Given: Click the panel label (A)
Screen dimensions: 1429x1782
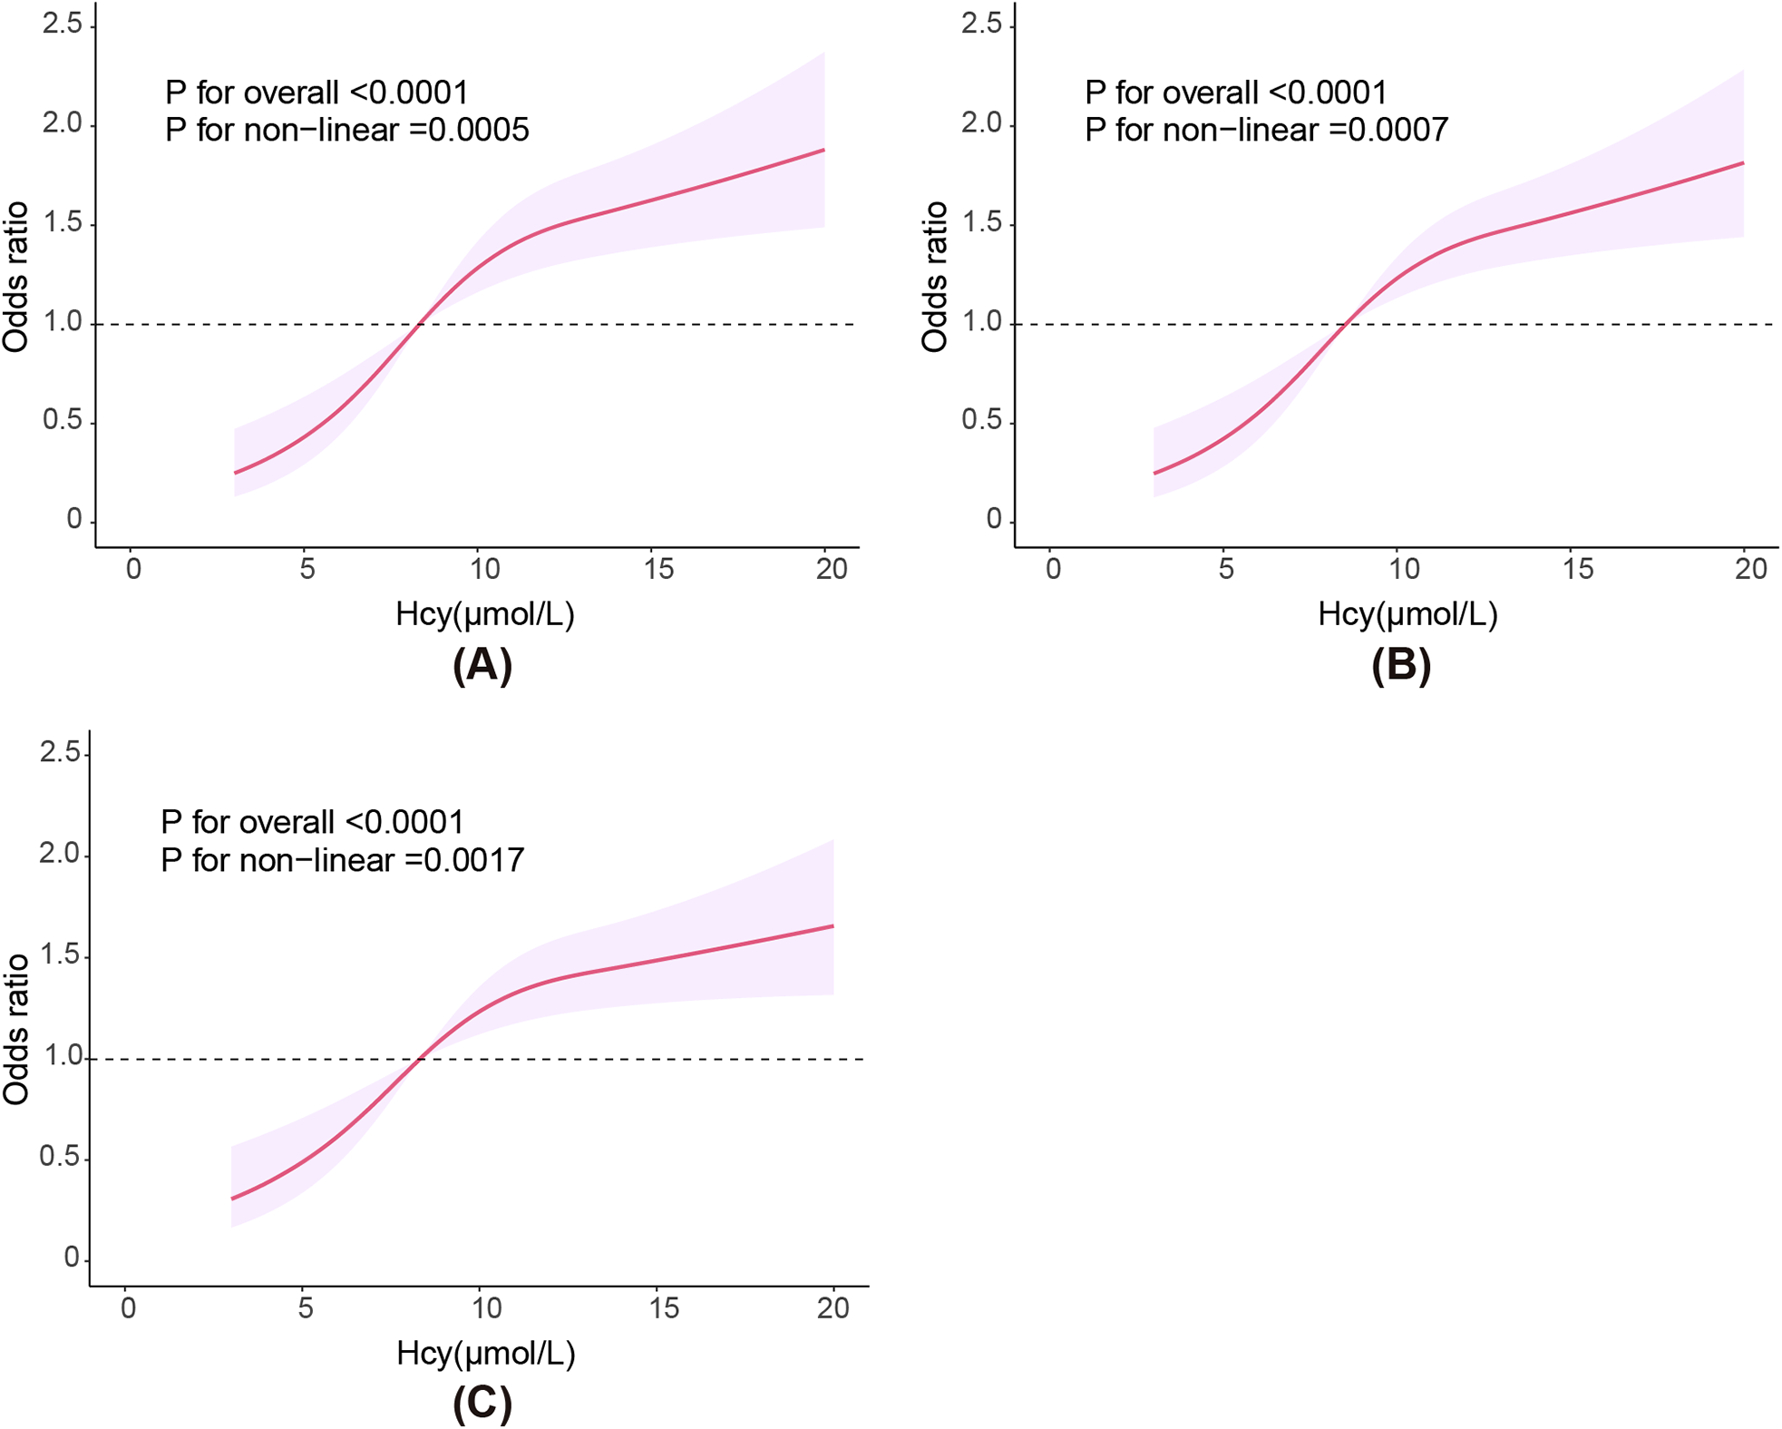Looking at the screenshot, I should [482, 665].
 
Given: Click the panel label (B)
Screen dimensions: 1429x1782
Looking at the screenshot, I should [1401, 665].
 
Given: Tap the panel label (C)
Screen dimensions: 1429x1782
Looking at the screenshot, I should [482, 1403].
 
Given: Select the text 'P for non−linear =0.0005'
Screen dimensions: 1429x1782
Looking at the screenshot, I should [346, 131].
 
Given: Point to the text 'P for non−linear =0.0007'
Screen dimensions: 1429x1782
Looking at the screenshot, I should [1266, 131].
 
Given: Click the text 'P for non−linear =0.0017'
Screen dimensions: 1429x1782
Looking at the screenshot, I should [342, 860].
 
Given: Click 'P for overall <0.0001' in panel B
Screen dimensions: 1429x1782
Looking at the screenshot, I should [1236, 93].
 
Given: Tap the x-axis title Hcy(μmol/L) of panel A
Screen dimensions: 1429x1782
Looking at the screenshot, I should [485, 615].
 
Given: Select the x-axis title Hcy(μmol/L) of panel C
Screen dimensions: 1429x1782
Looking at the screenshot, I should [486, 1354].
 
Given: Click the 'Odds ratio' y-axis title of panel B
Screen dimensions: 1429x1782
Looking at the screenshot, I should [935, 277].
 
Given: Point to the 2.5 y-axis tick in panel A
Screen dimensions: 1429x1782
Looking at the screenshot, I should [63, 24].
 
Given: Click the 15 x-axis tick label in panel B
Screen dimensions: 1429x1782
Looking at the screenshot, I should [1578, 569].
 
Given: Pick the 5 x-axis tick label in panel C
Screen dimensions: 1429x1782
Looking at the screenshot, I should [306, 1307].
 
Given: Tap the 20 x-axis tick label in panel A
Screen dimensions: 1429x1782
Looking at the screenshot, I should [832, 569].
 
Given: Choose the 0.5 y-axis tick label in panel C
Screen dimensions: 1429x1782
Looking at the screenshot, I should [59, 1159].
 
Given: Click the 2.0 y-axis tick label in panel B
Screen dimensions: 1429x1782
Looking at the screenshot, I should [982, 123].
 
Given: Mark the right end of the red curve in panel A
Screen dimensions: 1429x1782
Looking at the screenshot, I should [823, 150].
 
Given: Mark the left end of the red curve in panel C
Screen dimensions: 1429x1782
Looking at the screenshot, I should [232, 1199].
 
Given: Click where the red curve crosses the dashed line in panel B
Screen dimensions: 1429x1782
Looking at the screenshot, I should [1347, 324].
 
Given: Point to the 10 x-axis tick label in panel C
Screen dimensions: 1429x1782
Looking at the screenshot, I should [486, 1307].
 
